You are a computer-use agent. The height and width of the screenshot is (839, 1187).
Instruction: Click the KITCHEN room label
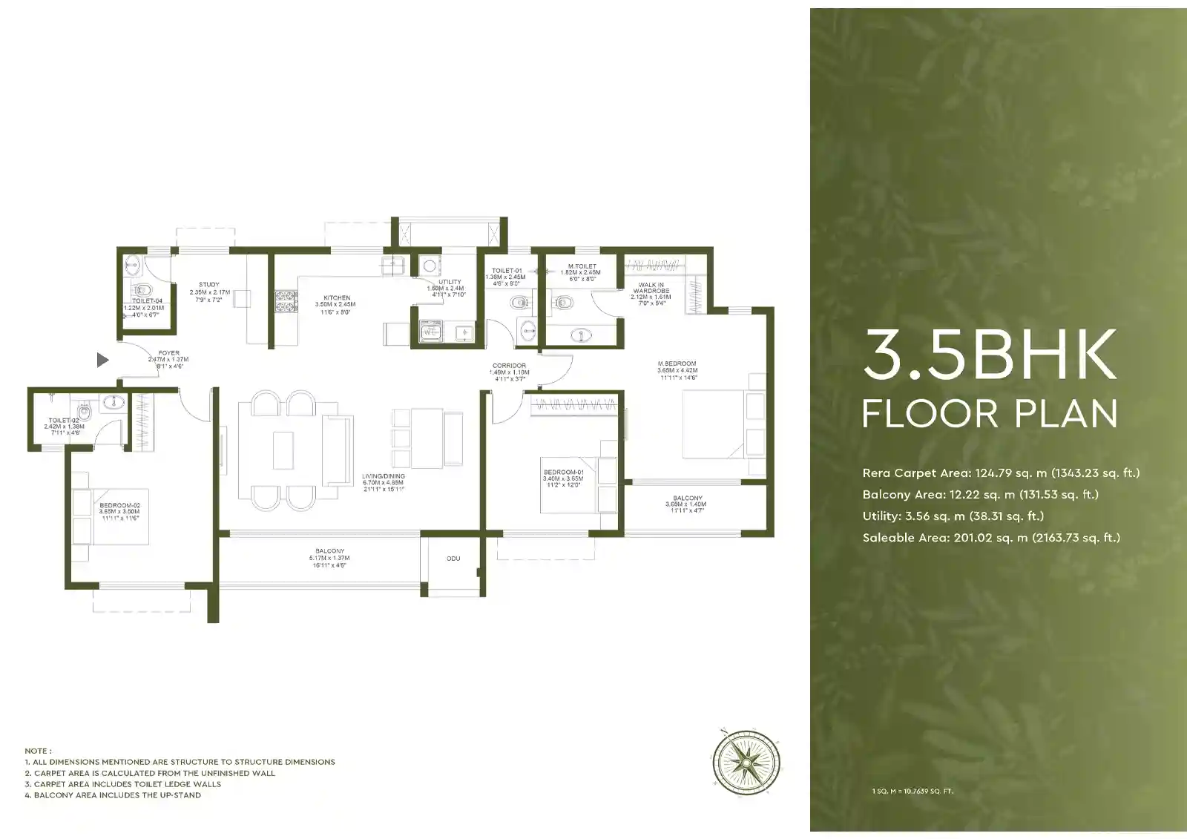[337, 298]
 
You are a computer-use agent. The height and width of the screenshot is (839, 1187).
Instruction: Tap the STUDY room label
[209, 285]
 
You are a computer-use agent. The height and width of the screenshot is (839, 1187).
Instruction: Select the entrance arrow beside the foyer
[103, 361]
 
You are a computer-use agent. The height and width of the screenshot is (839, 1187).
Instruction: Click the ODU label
[453, 559]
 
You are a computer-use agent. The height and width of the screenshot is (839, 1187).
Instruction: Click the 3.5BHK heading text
[990, 355]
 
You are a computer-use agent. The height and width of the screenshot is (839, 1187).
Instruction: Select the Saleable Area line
[991, 538]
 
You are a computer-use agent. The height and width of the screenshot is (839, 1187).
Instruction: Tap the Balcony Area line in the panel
[980, 495]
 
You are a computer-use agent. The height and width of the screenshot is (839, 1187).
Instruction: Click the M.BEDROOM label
[677, 364]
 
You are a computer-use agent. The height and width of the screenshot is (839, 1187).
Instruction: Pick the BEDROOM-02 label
[119, 506]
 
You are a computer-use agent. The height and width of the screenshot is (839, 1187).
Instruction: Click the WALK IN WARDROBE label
[651, 288]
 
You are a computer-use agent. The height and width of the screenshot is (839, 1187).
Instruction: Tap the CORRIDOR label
[509, 366]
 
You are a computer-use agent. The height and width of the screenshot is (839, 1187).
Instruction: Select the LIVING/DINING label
[384, 476]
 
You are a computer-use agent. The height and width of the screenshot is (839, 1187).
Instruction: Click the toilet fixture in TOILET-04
[143, 289]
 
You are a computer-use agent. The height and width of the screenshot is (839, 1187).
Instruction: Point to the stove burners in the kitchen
[286, 300]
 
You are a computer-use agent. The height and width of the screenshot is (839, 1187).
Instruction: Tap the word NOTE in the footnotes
[37, 751]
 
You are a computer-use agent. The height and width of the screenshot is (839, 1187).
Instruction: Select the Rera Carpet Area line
[1001, 473]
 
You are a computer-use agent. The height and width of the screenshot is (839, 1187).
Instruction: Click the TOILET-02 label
[64, 421]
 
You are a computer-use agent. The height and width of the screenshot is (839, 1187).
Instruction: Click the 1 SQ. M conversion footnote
[913, 792]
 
